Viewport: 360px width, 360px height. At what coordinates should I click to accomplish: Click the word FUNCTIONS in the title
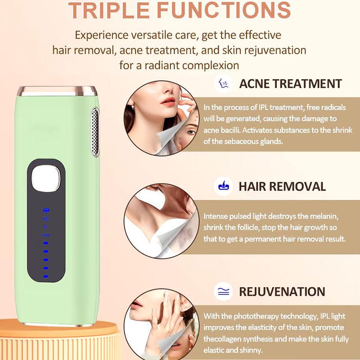pyautogui.click(x=224, y=10)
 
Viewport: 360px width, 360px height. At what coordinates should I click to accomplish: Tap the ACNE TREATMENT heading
pyautogui.click(x=290, y=84)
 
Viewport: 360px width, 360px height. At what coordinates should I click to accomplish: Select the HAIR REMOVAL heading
pyautogui.click(x=282, y=186)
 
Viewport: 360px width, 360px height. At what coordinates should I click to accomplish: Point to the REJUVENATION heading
pyautogui.click(x=282, y=292)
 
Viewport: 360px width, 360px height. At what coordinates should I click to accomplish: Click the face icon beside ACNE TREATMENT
pyautogui.click(x=223, y=83)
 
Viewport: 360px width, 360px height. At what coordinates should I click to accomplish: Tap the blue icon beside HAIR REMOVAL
pyautogui.click(x=223, y=186)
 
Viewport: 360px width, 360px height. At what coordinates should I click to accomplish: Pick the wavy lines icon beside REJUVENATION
pyautogui.click(x=223, y=292)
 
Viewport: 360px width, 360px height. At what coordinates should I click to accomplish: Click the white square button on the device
pyautogui.click(x=46, y=178)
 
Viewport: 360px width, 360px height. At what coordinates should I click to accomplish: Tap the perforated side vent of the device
pyautogui.click(x=95, y=132)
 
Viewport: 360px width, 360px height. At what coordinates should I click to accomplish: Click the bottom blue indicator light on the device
pyautogui.click(x=46, y=276)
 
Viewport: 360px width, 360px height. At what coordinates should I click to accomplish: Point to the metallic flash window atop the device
pyautogui.click(x=57, y=91)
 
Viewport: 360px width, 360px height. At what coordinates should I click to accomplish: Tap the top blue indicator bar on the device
pyautogui.click(x=46, y=243)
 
